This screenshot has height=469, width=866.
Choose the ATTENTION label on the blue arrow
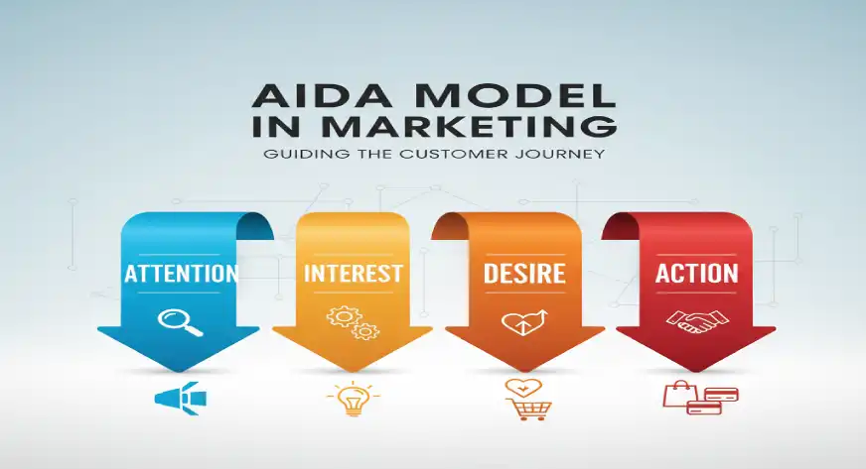[181, 274]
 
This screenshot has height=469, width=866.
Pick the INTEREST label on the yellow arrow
[353, 274]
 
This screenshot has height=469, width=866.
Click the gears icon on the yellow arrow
[353, 321]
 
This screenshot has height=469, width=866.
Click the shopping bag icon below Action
[675, 395]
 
